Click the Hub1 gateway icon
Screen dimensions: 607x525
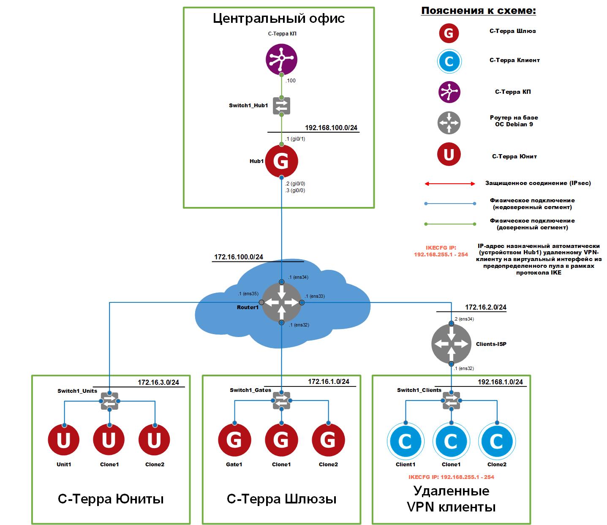tap(281, 161)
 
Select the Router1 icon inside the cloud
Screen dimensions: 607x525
tap(281, 302)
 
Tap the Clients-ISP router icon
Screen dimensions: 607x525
tap(451, 344)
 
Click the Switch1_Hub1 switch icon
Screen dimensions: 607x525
tap(281, 106)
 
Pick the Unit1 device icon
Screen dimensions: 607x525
tap(64, 440)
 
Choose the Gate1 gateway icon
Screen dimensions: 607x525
tap(234, 440)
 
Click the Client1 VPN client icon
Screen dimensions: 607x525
tap(406, 441)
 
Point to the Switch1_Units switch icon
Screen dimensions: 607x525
tap(109, 401)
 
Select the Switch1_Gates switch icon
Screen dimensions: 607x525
tap(281, 400)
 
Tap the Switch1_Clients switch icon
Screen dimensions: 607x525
tap(451, 400)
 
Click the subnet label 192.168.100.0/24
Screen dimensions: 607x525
tap(331, 128)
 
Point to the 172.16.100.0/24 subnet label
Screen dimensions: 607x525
tap(239, 257)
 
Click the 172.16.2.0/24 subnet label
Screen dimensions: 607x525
tap(486, 307)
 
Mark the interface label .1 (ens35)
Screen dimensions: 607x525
tap(248, 294)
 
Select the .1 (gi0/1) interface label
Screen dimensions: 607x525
tap(295, 139)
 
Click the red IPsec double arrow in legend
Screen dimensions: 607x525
tap(449, 184)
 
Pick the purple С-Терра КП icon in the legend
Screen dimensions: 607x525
tap(449, 92)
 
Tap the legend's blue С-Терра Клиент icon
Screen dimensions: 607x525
tap(449, 61)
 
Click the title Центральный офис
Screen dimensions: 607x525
tap(278, 18)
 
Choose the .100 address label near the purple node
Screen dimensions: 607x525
tap(291, 80)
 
